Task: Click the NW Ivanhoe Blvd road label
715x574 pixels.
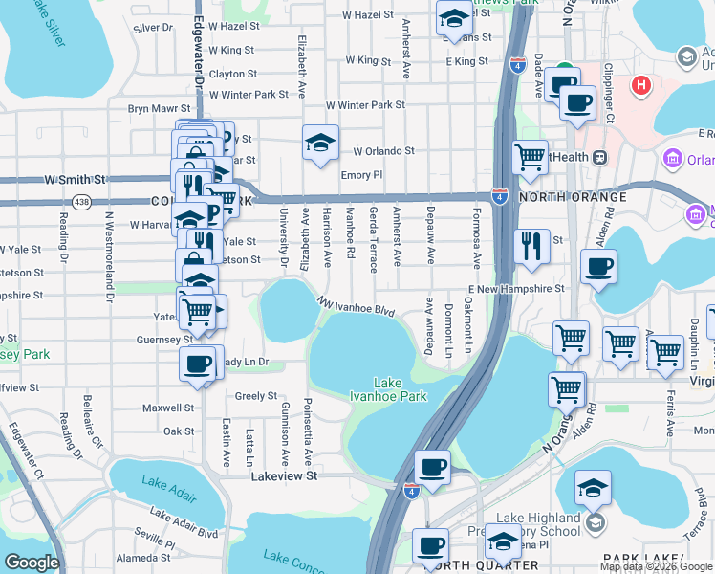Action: (x=358, y=308)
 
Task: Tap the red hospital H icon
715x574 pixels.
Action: (x=641, y=85)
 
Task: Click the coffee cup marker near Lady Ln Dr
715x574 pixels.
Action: (x=198, y=364)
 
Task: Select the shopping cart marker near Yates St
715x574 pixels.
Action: (x=198, y=310)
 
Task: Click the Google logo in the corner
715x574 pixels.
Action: (x=32, y=563)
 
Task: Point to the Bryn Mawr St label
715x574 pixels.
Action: (x=156, y=109)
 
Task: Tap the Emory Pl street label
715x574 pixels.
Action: (x=361, y=175)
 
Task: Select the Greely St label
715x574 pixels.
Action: (x=255, y=395)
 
